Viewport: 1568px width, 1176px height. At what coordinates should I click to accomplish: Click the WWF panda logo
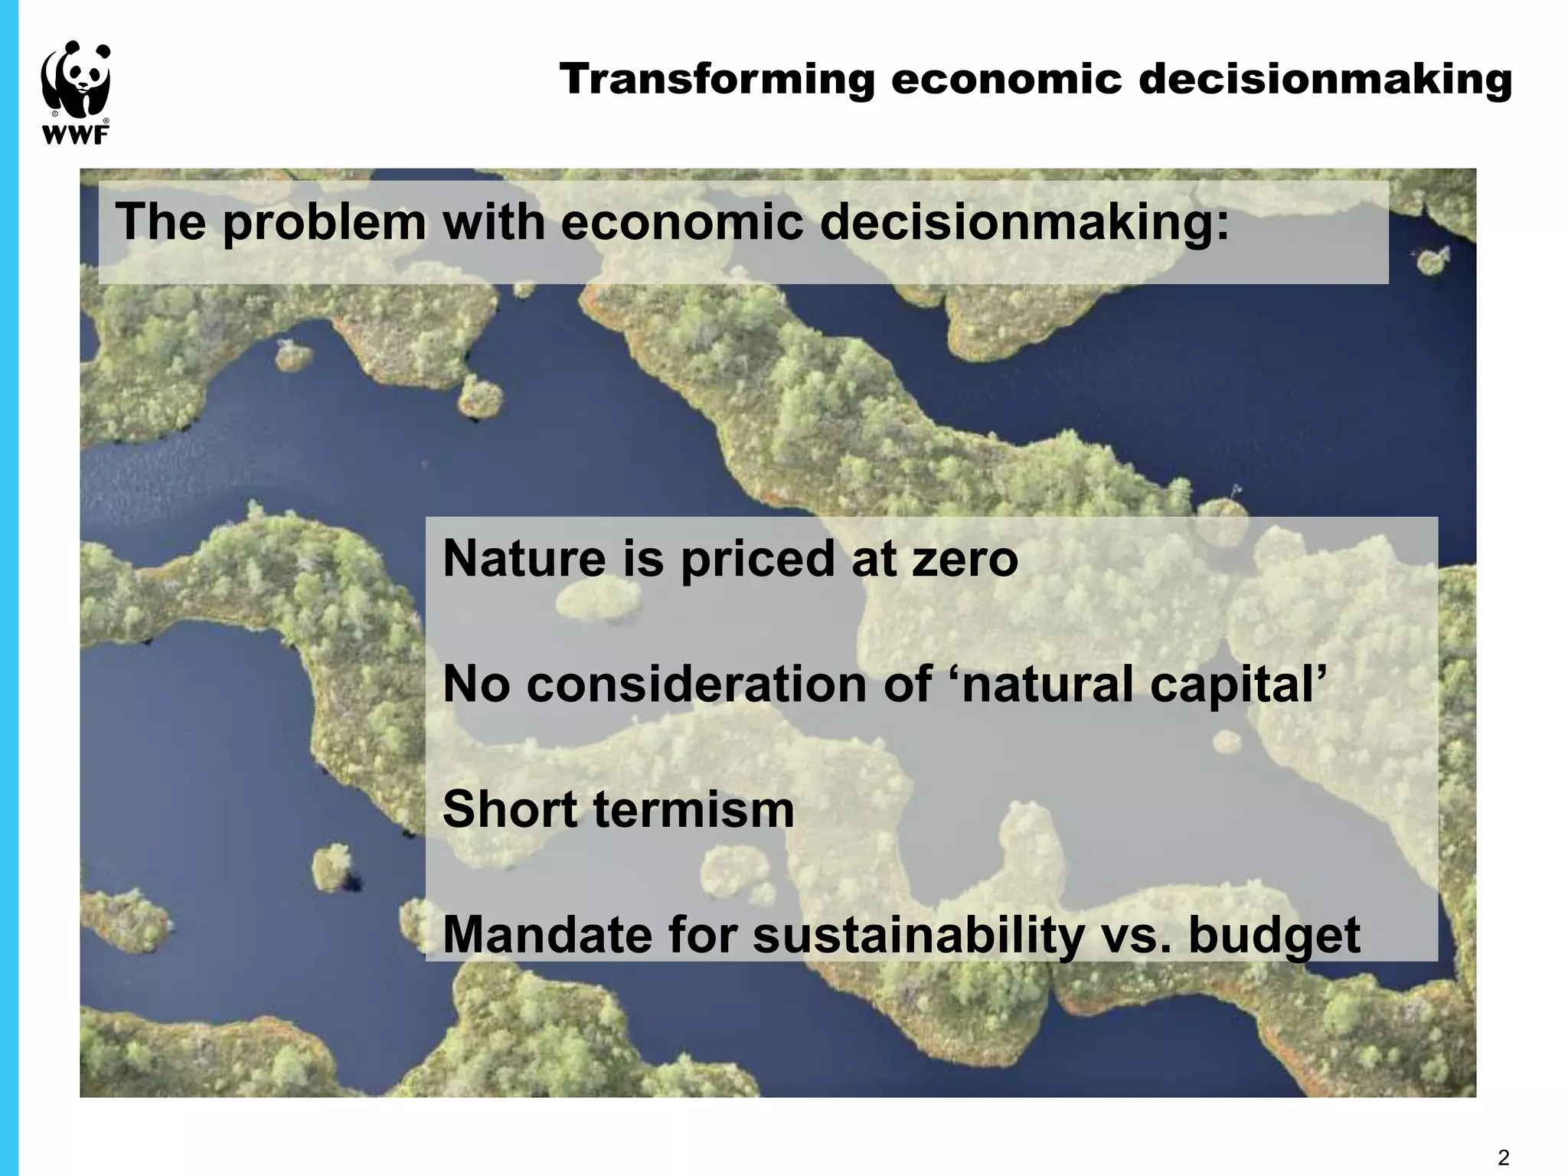tap(75, 84)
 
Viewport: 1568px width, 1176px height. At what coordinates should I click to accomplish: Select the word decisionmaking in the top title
tap(1325, 80)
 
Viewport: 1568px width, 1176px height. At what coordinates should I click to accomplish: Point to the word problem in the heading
tap(324, 223)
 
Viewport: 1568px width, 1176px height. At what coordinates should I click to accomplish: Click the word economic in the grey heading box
tap(682, 223)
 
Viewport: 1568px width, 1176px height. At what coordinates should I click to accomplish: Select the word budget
tap(1274, 935)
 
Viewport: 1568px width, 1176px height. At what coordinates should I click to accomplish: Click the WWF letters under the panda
tap(74, 136)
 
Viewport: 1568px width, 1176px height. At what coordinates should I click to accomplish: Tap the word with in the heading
tap(492, 223)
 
